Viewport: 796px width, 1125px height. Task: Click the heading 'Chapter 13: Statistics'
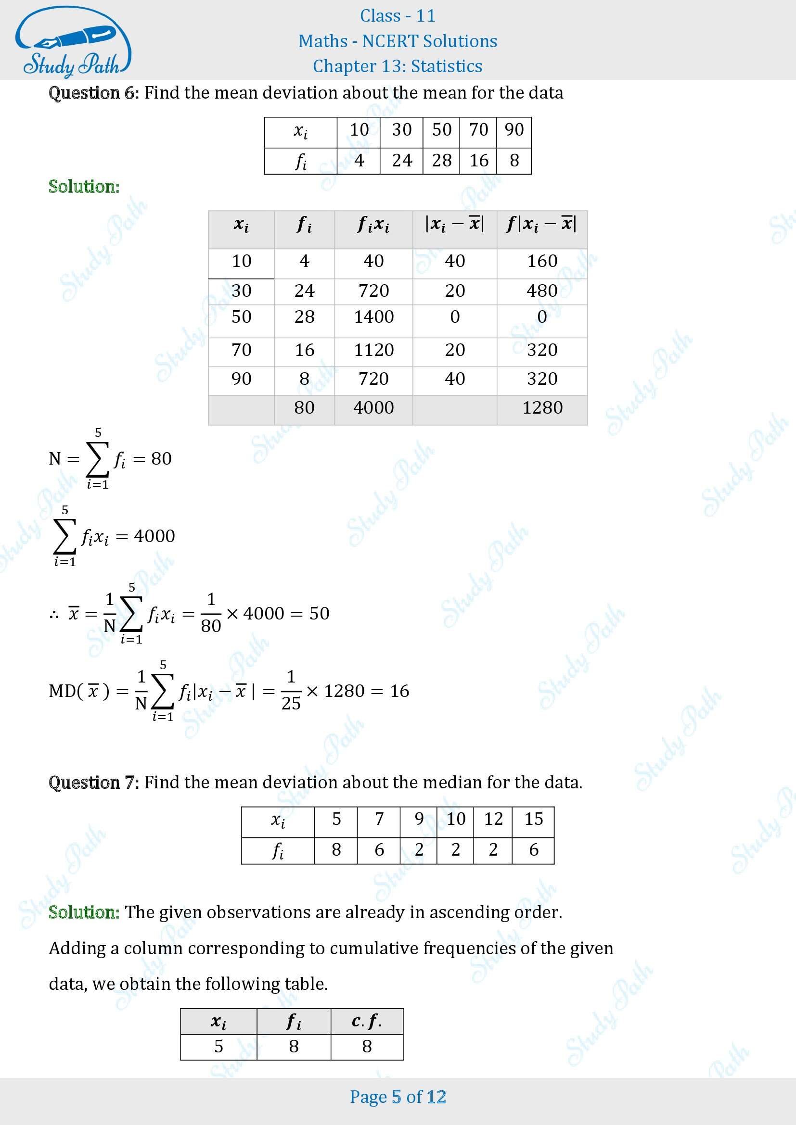[x=398, y=66]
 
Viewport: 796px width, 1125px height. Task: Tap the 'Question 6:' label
[x=94, y=93]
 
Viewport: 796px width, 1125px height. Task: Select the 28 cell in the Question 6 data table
[x=441, y=161]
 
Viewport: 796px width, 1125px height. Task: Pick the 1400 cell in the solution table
[x=373, y=317]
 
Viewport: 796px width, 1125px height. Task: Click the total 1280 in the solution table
[x=542, y=408]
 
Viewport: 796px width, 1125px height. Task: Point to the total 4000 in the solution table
[x=373, y=408]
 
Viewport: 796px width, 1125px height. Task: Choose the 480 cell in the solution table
[x=542, y=291]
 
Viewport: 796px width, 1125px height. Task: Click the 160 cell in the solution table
[x=542, y=261]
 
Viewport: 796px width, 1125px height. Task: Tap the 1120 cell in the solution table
[x=373, y=350]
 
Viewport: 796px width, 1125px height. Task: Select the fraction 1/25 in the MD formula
[x=291, y=691]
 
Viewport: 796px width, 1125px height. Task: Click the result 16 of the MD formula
[x=399, y=691]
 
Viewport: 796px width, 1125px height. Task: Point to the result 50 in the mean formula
[x=319, y=613]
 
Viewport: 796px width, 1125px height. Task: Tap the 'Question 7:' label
[x=94, y=783]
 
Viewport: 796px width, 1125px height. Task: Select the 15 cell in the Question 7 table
[x=533, y=819]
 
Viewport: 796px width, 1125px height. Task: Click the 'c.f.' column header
[x=367, y=1021]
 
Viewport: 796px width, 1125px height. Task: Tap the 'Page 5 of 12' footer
[x=398, y=1097]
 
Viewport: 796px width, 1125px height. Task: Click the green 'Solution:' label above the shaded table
[x=84, y=187]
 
